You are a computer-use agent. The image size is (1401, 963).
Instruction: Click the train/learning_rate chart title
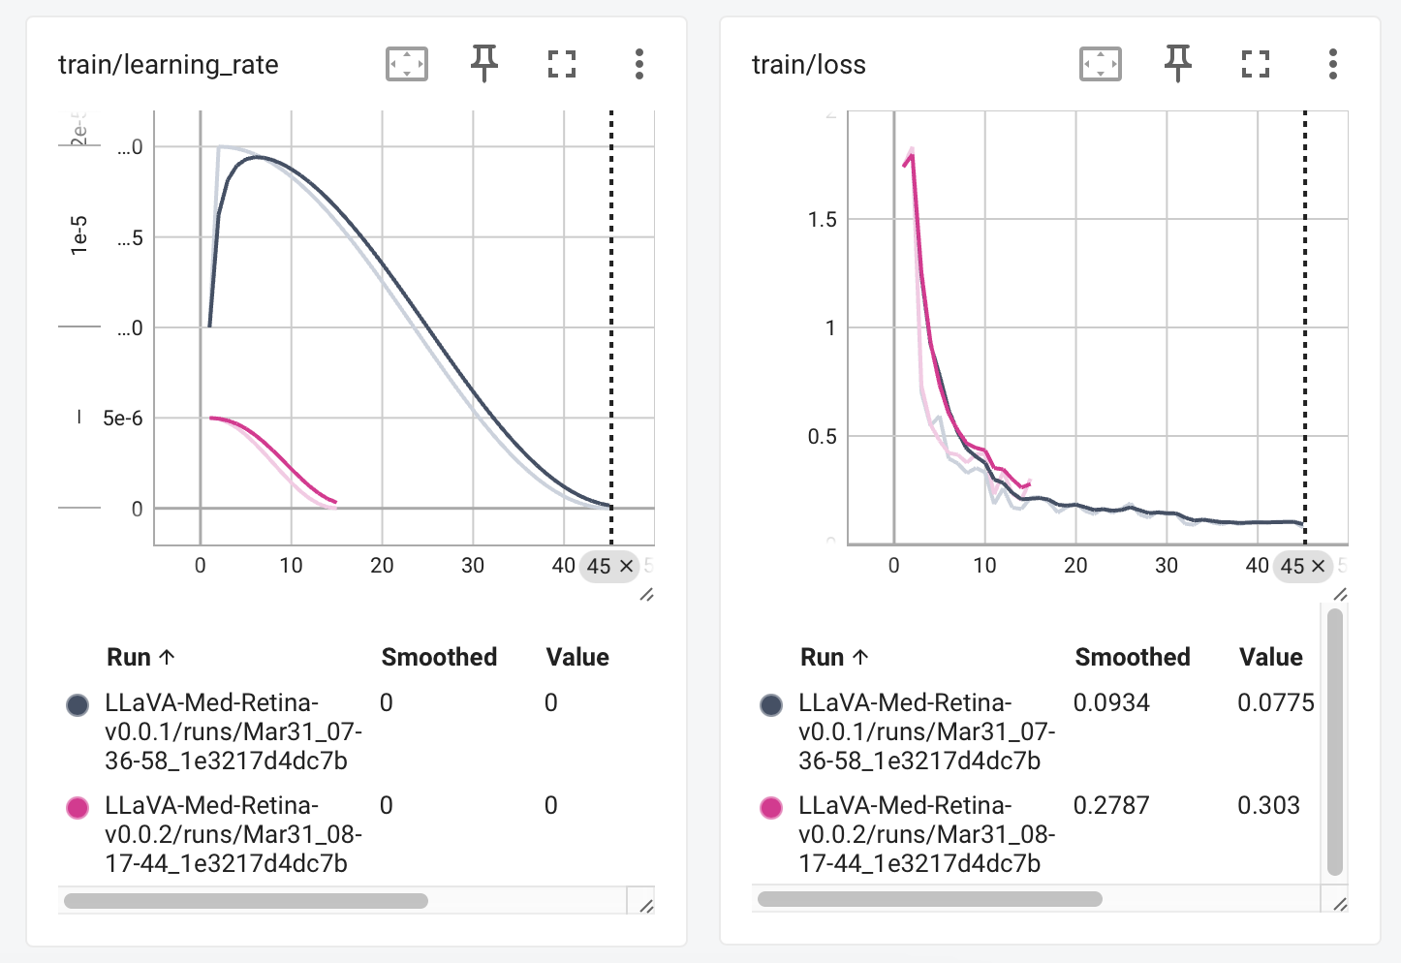pyautogui.click(x=168, y=65)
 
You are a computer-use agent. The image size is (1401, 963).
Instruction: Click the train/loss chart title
pyautogui.click(x=808, y=65)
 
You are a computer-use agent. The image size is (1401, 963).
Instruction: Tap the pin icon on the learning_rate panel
pyautogui.click(x=483, y=64)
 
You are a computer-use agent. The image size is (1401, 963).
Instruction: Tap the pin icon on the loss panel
pyautogui.click(x=1177, y=64)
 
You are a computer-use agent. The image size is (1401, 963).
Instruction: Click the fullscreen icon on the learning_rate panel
pyautogui.click(x=562, y=65)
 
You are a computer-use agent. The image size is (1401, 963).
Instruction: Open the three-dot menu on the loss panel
pyautogui.click(x=1333, y=65)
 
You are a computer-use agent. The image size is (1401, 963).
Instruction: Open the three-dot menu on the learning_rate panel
pyautogui.click(x=639, y=65)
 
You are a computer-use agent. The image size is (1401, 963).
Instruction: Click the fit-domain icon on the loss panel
pyautogui.click(x=1100, y=65)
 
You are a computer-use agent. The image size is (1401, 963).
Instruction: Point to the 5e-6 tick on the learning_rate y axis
pyautogui.click(x=122, y=419)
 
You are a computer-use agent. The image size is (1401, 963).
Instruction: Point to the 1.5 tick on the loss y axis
pyautogui.click(x=822, y=220)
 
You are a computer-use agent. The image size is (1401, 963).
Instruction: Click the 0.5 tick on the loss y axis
pyautogui.click(x=822, y=437)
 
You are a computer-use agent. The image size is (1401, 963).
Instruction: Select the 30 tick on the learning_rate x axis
pyautogui.click(x=473, y=566)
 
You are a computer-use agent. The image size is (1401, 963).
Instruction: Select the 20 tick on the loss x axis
pyautogui.click(x=1075, y=566)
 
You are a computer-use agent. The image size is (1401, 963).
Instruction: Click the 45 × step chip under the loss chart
pyautogui.click(x=1302, y=566)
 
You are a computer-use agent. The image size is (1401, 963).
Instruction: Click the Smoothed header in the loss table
pyautogui.click(x=1132, y=657)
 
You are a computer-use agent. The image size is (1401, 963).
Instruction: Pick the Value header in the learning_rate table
pyautogui.click(x=577, y=657)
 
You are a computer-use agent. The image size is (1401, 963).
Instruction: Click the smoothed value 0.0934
pyautogui.click(x=1111, y=702)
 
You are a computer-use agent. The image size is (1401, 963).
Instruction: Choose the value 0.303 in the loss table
pyautogui.click(x=1268, y=805)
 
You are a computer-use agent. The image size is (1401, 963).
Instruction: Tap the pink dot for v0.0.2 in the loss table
pyautogui.click(x=771, y=808)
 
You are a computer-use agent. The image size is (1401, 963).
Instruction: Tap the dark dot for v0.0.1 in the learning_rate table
pyautogui.click(x=78, y=705)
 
